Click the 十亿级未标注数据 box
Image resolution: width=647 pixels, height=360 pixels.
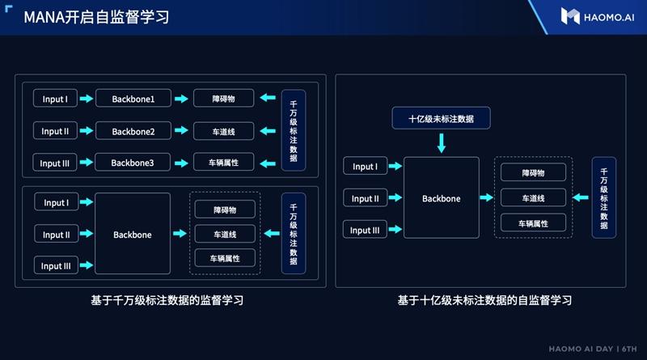[x=442, y=119]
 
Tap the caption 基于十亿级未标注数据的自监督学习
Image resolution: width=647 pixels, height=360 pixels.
[x=484, y=300]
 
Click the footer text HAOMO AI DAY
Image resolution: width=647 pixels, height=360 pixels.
[x=572, y=349]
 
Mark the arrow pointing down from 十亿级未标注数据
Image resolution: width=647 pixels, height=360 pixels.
[x=442, y=143]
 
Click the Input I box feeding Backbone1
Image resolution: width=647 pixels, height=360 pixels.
[x=55, y=100]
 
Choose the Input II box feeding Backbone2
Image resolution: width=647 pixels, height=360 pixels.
[x=55, y=131]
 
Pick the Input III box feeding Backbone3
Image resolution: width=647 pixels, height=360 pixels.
[x=55, y=163]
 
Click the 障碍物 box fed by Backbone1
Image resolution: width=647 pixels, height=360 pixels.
[x=224, y=100]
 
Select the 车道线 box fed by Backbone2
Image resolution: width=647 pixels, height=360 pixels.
[x=224, y=131]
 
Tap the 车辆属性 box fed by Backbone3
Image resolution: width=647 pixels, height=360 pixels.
[x=224, y=163]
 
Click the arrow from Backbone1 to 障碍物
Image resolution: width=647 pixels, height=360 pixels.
[x=184, y=100]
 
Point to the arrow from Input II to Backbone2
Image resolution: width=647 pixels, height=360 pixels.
[x=86, y=131]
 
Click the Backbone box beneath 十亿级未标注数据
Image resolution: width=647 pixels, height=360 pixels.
[x=442, y=198]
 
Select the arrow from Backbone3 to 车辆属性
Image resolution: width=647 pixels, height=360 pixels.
[x=184, y=163]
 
